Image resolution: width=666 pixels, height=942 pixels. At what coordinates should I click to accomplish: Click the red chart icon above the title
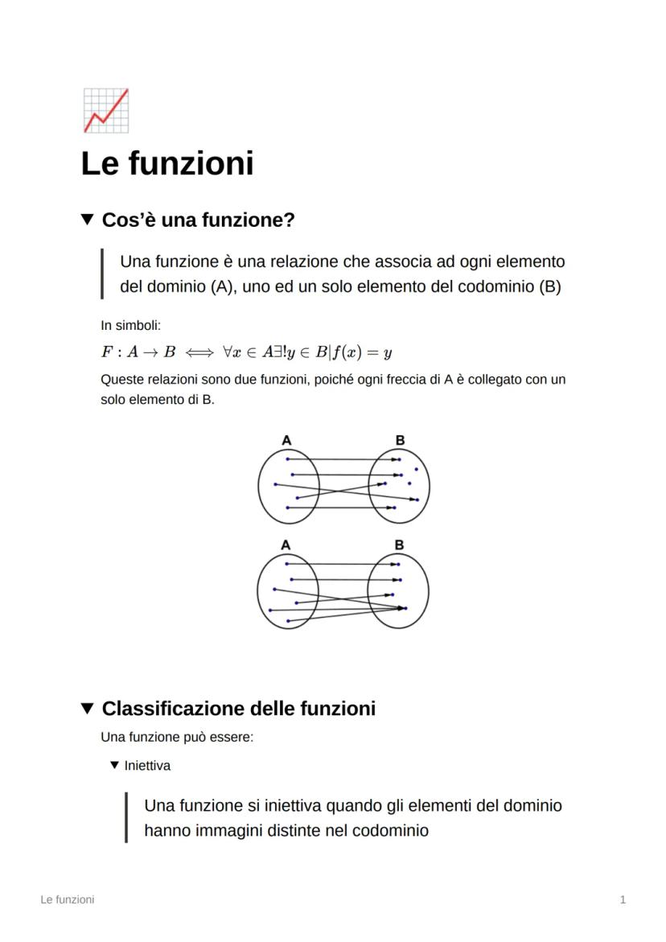(105, 110)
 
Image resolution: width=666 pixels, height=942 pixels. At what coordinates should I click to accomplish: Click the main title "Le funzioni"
(167, 163)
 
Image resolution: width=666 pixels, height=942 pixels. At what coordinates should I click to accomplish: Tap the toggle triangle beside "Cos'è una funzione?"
(88, 219)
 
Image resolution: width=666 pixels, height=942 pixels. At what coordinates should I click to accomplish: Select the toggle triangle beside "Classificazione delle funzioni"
(88, 709)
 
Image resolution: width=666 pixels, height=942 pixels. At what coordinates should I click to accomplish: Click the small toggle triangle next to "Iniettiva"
(114, 766)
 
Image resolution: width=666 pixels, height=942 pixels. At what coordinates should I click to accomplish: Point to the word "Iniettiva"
(147, 766)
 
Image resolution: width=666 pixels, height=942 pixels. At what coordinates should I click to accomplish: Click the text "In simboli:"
(131, 325)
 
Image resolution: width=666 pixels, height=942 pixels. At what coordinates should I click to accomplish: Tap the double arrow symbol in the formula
(199, 352)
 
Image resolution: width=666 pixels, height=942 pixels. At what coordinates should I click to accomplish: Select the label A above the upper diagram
(286, 439)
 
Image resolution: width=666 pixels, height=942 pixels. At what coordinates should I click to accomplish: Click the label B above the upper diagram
(400, 439)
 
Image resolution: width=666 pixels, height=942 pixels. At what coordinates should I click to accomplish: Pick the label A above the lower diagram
(286, 545)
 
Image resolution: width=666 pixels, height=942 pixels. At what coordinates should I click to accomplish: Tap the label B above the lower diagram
(400, 545)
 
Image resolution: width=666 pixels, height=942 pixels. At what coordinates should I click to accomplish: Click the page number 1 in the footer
(623, 899)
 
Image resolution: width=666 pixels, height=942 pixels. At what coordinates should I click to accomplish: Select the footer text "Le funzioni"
(67, 899)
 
